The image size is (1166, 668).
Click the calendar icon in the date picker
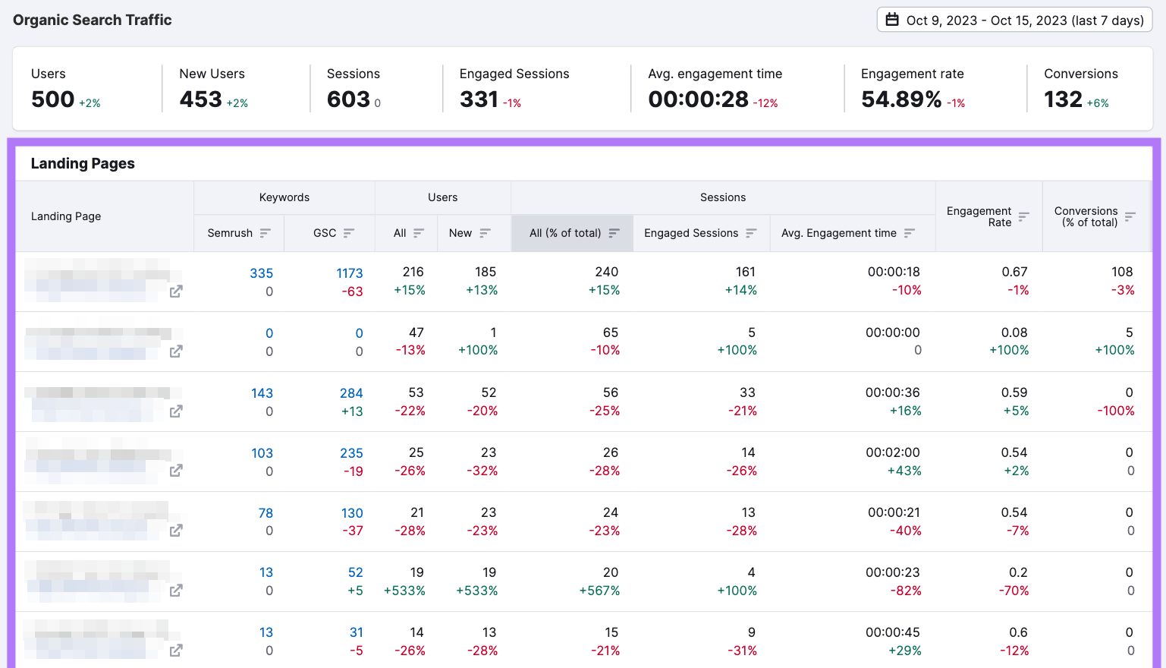pyautogui.click(x=892, y=20)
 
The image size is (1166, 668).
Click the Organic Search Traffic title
pyautogui.click(x=93, y=20)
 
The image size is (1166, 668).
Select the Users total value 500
pyautogui.click(x=52, y=99)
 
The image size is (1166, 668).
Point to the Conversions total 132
pyautogui.click(x=1063, y=99)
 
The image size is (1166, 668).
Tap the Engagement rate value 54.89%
pyautogui.click(x=901, y=99)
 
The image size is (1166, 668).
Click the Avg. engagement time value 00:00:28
pyautogui.click(x=698, y=99)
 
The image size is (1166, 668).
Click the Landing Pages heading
pyautogui.click(x=83, y=163)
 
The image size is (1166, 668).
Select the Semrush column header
pyautogui.click(x=230, y=233)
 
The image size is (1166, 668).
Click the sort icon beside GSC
pyautogui.click(x=349, y=233)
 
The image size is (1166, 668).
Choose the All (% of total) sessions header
pyautogui.click(x=565, y=233)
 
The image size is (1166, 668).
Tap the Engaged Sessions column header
pyautogui.click(x=691, y=233)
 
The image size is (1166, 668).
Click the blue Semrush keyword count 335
pyautogui.click(x=261, y=273)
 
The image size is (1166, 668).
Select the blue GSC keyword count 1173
pyautogui.click(x=350, y=273)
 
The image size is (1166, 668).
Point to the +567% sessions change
pyautogui.click(x=599, y=591)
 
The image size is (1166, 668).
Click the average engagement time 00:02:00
pyautogui.click(x=892, y=452)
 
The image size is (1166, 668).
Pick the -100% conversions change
pyautogui.click(x=1115, y=411)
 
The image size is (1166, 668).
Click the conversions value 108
pyautogui.click(x=1121, y=272)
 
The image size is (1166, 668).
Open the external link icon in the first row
pyautogui.click(x=176, y=291)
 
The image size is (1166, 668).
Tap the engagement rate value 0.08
pyautogui.click(x=1014, y=332)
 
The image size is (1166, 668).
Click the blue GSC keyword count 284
pyautogui.click(x=351, y=393)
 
